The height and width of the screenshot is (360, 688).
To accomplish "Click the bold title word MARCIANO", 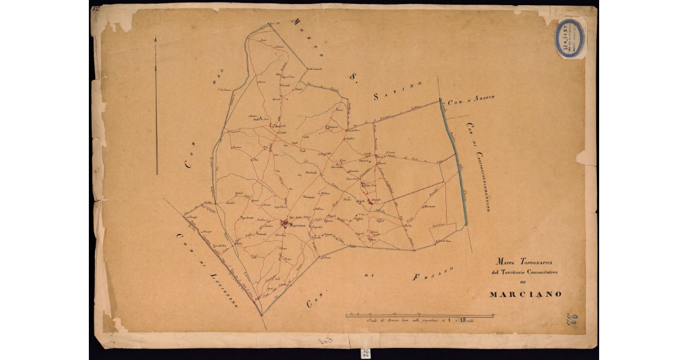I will coord(525,295).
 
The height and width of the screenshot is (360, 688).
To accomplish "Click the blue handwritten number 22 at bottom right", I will coord(571,319).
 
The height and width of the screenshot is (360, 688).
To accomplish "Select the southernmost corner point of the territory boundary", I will coord(261,314).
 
